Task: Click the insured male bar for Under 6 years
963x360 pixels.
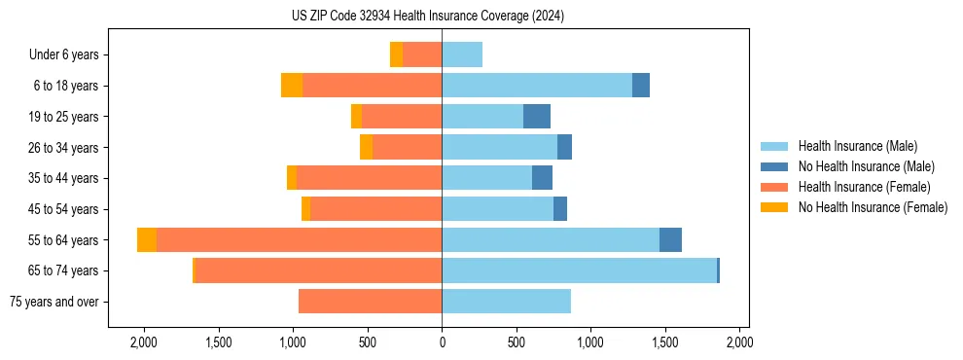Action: (462, 55)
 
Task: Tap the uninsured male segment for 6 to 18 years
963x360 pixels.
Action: (641, 86)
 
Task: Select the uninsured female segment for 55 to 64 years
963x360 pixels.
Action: (147, 240)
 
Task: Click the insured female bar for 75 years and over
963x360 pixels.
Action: (371, 302)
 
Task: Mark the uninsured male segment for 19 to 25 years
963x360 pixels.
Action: (537, 117)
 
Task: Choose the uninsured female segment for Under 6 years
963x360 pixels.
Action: (396, 55)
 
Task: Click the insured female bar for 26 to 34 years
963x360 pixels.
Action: (407, 148)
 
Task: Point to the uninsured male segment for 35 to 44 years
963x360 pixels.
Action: (542, 178)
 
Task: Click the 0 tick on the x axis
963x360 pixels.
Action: (443, 342)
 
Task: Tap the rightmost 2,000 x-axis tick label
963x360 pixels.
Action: (739, 342)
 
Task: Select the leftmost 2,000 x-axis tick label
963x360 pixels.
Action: (144, 342)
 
